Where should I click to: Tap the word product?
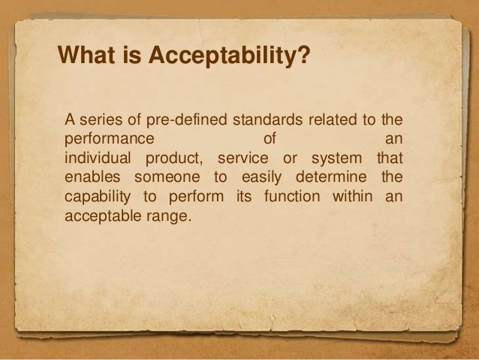pos(175,159)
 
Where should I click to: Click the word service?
pos(243,159)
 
